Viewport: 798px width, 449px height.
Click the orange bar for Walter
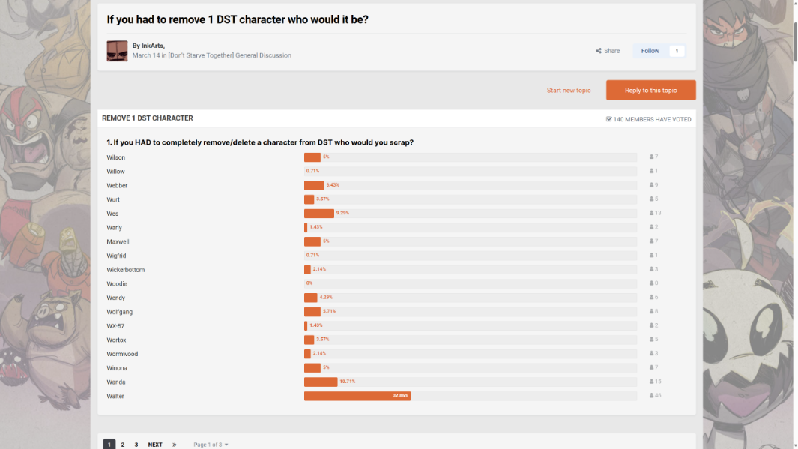click(x=357, y=396)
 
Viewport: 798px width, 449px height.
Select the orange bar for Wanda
click(x=321, y=382)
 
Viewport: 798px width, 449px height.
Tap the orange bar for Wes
click(x=318, y=214)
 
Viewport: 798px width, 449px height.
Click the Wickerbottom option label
click(x=126, y=270)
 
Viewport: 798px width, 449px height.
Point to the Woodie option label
click(x=117, y=284)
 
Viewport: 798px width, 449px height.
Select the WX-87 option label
click(x=115, y=326)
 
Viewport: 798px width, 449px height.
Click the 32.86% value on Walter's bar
click(x=400, y=396)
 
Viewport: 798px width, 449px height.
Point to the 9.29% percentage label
click(x=342, y=213)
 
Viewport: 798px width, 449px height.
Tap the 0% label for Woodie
click(x=309, y=283)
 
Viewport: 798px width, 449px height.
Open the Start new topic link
click(x=569, y=91)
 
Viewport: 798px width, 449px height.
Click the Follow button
click(x=650, y=51)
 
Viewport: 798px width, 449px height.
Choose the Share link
click(x=608, y=51)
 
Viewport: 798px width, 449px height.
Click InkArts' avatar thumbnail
click(x=117, y=51)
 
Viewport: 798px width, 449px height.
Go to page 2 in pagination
click(x=123, y=445)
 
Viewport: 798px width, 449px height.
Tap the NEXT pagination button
click(x=155, y=445)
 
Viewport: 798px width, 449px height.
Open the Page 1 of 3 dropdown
click(x=211, y=445)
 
